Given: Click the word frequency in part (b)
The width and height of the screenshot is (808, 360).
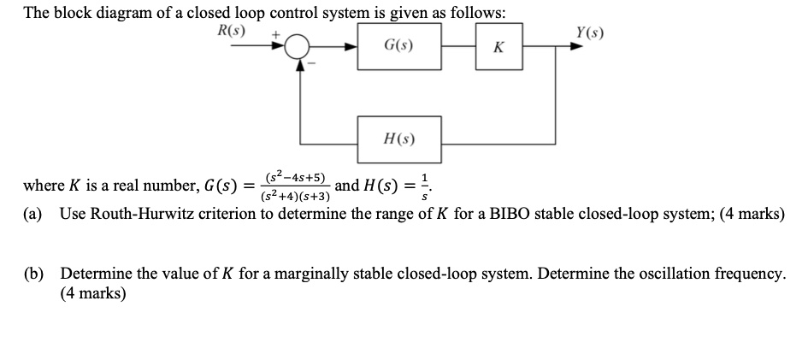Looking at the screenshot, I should tap(750, 274).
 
